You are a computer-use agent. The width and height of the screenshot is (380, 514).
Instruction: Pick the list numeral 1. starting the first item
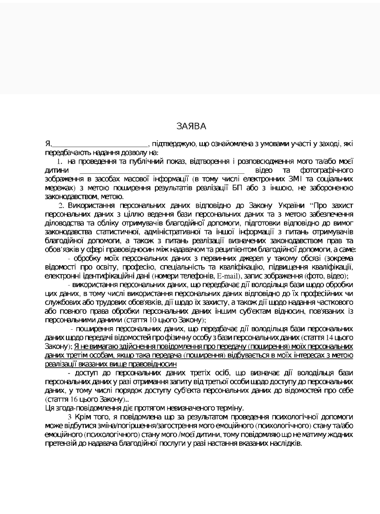[x=60, y=162]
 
